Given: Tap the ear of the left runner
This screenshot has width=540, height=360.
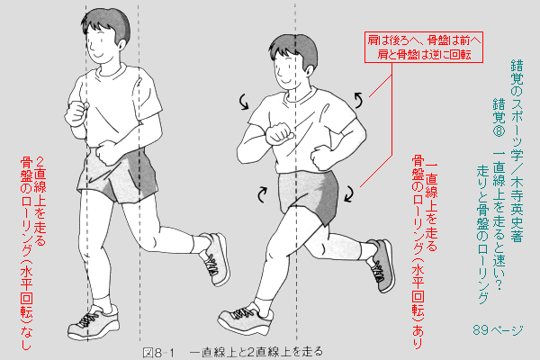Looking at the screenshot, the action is click(121, 43).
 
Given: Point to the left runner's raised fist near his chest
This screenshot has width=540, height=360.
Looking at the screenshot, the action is click(76, 113).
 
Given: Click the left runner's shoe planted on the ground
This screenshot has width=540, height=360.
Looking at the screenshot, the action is click(94, 322).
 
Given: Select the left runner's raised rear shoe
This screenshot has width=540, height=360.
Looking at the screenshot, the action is click(215, 258).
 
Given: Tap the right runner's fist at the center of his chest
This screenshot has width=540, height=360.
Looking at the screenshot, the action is click(279, 133).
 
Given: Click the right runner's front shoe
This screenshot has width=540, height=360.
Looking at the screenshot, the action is click(246, 319).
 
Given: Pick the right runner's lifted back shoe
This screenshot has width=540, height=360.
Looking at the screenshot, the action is click(381, 265).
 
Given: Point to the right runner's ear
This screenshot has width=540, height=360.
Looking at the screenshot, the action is click(309, 70).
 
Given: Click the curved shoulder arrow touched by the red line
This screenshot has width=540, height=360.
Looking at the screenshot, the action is click(358, 100).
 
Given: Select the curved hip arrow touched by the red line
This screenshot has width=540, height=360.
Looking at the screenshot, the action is click(349, 193).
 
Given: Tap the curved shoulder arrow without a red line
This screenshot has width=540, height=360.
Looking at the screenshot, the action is click(244, 102).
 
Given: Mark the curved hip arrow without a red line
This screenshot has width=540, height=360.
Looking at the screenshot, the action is click(263, 194).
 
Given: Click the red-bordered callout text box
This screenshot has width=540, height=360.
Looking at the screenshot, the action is click(424, 47).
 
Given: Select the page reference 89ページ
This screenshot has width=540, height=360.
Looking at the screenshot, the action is click(498, 330).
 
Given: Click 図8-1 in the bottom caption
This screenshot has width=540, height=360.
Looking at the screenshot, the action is click(158, 353).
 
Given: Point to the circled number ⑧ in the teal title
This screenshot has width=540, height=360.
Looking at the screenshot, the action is click(499, 132).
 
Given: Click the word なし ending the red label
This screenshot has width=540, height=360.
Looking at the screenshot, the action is click(26, 338).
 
